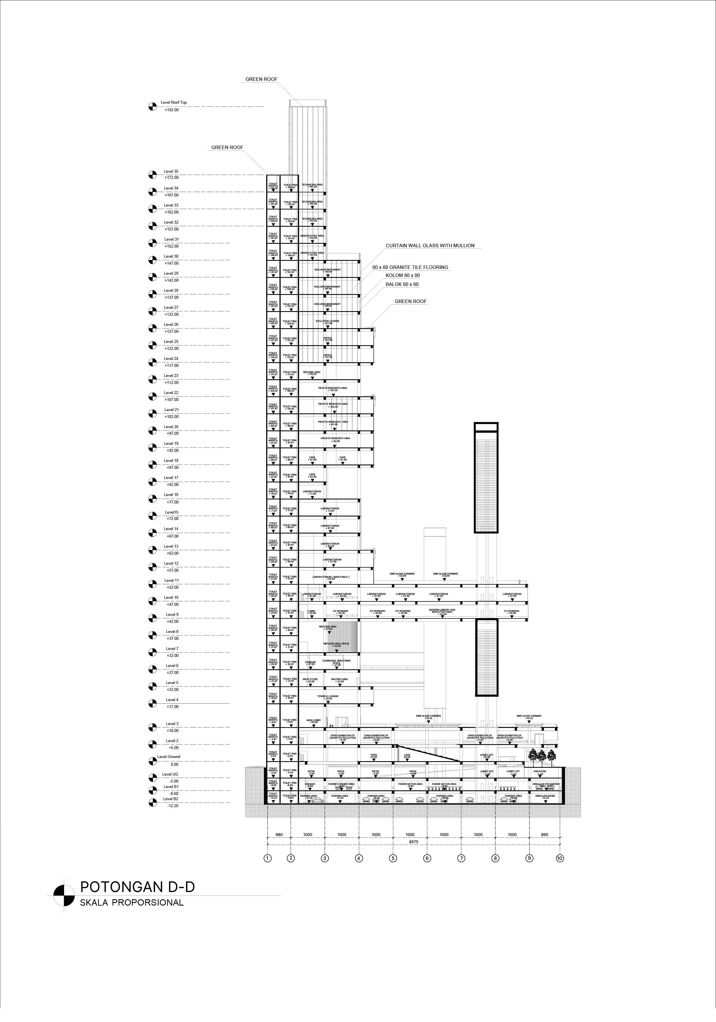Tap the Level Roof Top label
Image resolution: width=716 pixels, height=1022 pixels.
pyautogui.click(x=174, y=102)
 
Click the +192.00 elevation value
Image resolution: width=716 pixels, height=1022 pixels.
pyautogui.click(x=171, y=110)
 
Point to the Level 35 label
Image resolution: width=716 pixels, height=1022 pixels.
pyautogui.click(x=171, y=171)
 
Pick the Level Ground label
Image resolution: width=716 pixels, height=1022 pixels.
pyautogui.click(x=169, y=756)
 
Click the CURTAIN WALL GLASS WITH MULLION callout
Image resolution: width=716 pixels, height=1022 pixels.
pyautogui.click(x=430, y=246)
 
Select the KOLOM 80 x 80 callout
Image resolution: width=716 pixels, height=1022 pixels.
pyautogui.click(x=403, y=276)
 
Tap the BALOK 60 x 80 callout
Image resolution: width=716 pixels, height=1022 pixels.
pyautogui.click(x=402, y=285)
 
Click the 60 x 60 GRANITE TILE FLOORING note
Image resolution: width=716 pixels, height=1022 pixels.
pyautogui.click(x=410, y=267)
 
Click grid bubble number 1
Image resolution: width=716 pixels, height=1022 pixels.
pyautogui.click(x=267, y=858)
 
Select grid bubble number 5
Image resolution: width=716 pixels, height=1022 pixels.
pyautogui.click(x=393, y=858)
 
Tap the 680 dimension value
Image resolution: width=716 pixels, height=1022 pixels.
pyautogui.click(x=279, y=835)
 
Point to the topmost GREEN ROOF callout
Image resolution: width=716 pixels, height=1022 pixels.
pyautogui.click(x=261, y=79)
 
